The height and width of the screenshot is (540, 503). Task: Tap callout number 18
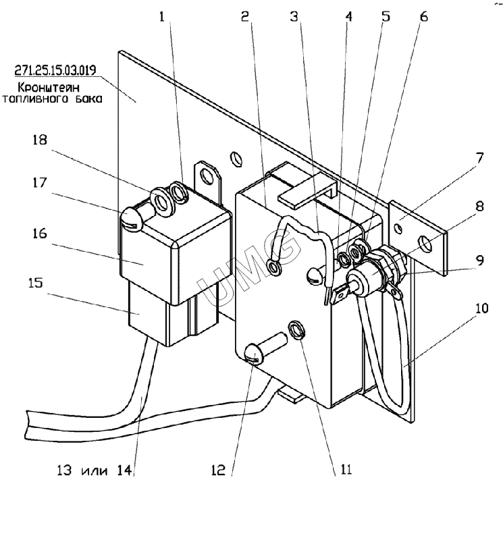tap(40, 140)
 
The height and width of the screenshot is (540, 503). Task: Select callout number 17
tap(39, 182)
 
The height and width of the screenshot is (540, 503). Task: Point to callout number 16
tap(40, 233)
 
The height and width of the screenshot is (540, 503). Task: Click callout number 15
tap(36, 282)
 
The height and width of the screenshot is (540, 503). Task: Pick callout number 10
tap(481, 308)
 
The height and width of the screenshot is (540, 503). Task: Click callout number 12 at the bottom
tap(218, 470)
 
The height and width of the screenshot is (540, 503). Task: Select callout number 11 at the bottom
tap(346, 469)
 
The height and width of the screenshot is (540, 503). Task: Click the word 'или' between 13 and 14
tap(95, 470)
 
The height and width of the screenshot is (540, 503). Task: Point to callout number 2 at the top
tap(244, 16)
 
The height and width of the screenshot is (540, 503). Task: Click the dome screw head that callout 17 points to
tap(130, 218)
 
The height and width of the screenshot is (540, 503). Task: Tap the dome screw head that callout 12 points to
tap(255, 356)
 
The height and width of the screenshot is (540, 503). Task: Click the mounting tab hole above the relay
tap(207, 177)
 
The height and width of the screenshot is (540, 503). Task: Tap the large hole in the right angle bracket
tap(425, 244)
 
